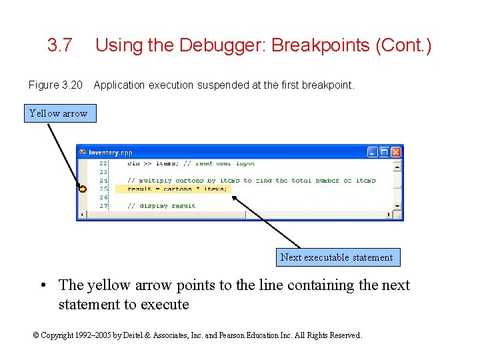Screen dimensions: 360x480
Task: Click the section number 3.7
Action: (x=59, y=46)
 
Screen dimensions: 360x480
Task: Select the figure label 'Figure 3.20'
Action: (x=55, y=85)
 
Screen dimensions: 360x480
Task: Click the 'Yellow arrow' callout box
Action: (x=58, y=113)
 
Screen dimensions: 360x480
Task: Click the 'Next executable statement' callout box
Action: (x=337, y=257)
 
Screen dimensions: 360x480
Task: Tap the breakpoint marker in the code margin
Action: (x=82, y=189)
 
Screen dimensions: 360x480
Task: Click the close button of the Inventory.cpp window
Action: (x=396, y=152)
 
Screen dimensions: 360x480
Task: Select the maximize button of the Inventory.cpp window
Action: (x=385, y=152)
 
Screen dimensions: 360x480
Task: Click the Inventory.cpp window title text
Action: (x=111, y=152)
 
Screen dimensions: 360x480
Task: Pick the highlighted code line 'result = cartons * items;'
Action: (x=177, y=189)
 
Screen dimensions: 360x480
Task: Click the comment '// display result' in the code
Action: (x=162, y=206)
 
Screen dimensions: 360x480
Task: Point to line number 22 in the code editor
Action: (x=103, y=163)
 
